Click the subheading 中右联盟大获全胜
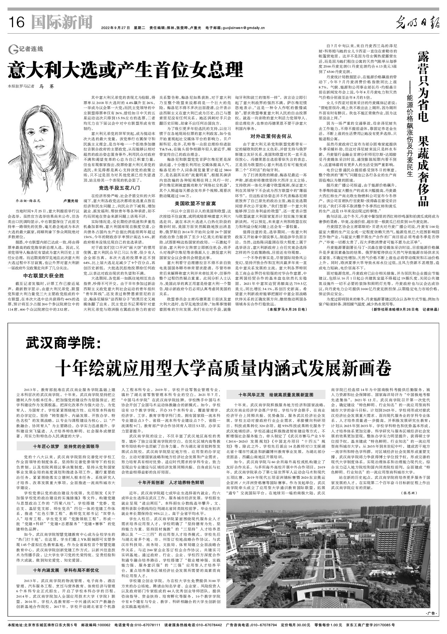tap(43, 276)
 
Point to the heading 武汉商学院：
tap(63, 343)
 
